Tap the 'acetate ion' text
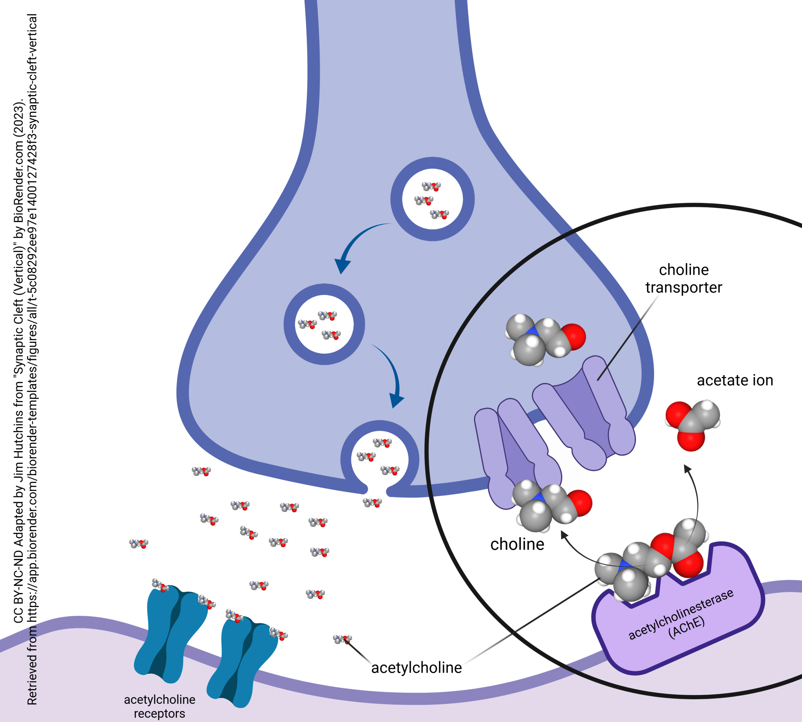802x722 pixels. click(735, 380)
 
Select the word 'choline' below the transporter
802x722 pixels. click(517, 544)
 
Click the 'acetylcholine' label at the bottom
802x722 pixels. click(416, 668)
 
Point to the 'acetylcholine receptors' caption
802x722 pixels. click(159, 706)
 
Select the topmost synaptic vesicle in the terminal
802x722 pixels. click(432, 199)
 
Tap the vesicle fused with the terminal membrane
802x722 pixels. click(380, 459)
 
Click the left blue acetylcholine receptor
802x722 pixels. click(169, 635)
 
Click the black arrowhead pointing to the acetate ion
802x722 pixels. click(687, 469)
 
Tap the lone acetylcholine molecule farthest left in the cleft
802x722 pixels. click(139, 543)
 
